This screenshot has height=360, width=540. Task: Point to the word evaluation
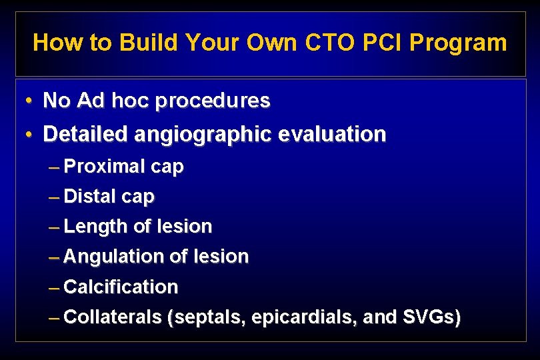(332, 135)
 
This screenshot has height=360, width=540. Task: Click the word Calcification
(121, 287)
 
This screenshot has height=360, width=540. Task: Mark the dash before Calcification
(55, 287)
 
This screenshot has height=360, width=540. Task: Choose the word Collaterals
(113, 317)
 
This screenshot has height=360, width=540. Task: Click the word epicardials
(304, 318)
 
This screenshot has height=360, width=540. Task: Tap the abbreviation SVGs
(431, 317)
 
